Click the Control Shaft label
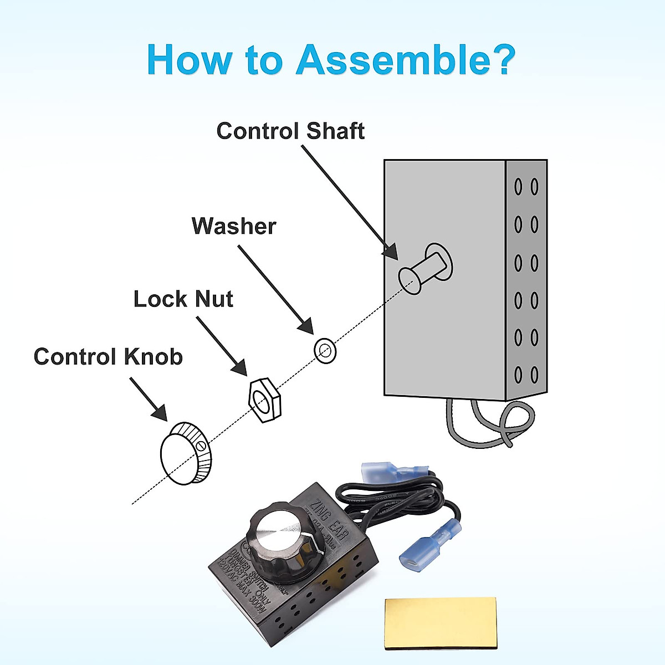coord(290,131)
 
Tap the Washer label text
coord(234,226)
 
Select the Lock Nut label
coord(183,299)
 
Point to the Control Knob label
coord(109,356)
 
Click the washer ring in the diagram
coord(325,350)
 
